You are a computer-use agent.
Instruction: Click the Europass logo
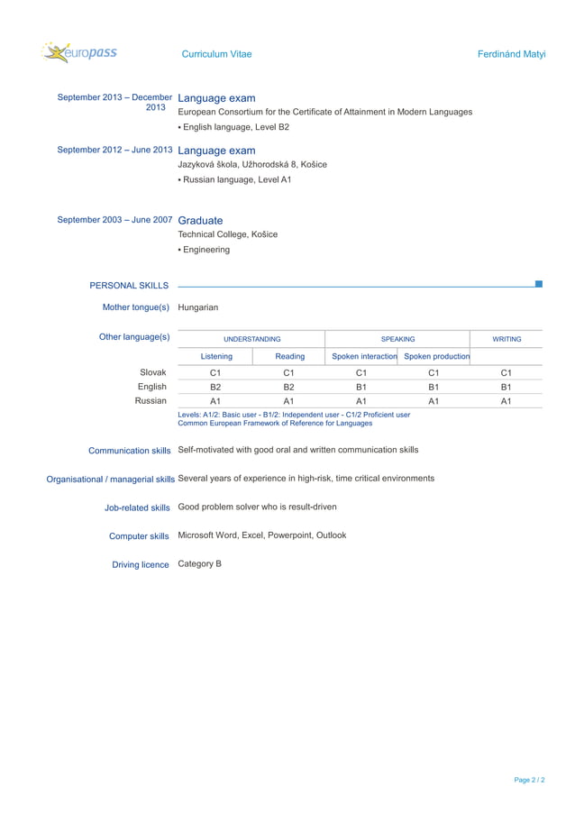[x=79, y=53]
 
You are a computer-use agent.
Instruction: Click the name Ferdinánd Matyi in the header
[x=511, y=54]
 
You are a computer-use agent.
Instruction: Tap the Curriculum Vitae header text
[x=216, y=54]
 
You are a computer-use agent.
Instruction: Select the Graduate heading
[x=200, y=220]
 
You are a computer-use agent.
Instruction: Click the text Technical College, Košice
[x=228, y=234]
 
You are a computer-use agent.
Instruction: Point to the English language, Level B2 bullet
[x=233, y=127]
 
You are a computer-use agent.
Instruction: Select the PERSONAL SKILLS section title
[x=129, y=286]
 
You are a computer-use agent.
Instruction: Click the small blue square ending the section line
[x=538, y=284]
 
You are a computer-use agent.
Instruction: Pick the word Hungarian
[x=198, y=307]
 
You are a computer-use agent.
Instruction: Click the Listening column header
[x=216, y=356]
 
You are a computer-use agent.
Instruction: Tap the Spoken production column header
[x=437, y=356]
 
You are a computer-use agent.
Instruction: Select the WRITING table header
[x=507, y=339]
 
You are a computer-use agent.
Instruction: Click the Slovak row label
[x=152, y=371]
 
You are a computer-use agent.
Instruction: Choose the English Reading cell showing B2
[x=289, y=387]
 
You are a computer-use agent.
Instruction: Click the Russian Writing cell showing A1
[x=507, y=401]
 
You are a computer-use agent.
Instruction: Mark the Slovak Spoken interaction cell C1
[x=361, y=371]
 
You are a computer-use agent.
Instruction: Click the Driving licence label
[x=140, y=564]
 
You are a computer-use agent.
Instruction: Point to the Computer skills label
[x=139, y=536]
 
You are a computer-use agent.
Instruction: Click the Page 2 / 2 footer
[x=529, y=780]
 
